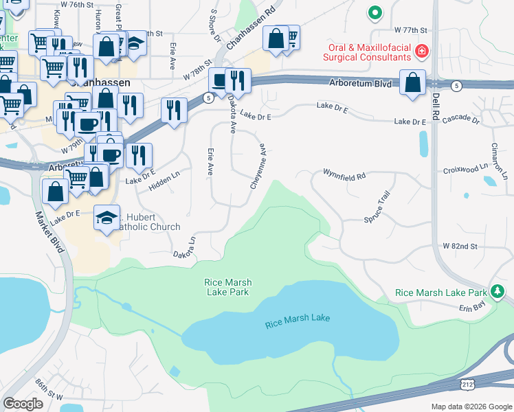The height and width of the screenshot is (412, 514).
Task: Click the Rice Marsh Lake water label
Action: coord(297,318)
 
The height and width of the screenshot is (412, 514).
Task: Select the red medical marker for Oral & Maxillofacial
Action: coord(421,50)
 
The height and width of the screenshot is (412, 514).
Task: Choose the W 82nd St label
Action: coord(460,246)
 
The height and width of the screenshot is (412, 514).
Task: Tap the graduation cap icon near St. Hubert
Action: coord(106,218)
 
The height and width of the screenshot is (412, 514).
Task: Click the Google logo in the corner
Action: coord(23,404)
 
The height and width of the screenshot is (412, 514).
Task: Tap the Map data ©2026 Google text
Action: coord(471,407)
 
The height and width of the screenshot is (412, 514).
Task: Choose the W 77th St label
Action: coord(411,31)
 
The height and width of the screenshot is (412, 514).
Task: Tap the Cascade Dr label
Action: coord(461,119)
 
